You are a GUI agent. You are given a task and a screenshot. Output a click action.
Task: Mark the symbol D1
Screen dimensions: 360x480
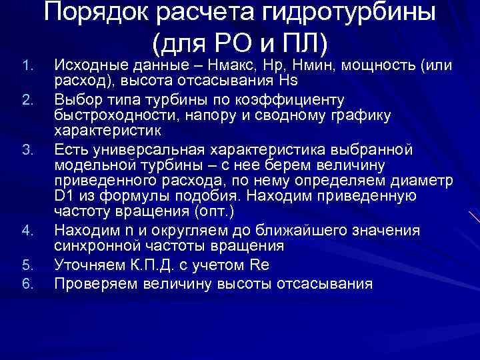[x=65, y=197]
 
